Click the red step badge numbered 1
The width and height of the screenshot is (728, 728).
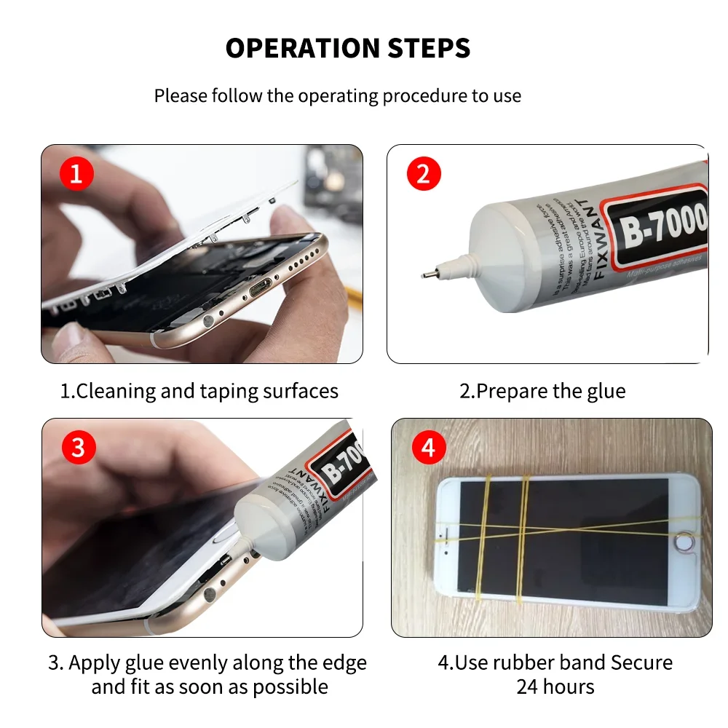76,175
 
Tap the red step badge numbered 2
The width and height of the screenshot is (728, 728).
424,175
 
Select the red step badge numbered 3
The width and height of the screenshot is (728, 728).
78,448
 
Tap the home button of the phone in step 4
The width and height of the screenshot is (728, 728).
681,542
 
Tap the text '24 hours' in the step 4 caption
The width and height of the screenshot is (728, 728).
555,687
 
